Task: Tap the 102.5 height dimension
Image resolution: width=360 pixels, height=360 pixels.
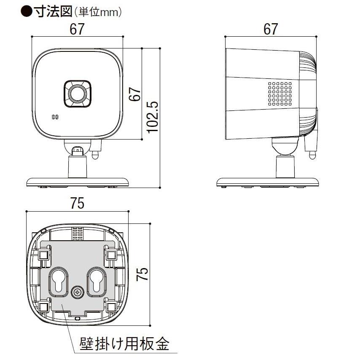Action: [x=152, y=117]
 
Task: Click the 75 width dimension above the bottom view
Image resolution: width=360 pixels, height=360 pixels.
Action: [x=78, y=204]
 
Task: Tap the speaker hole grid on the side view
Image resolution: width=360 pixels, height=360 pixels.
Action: [x=279, y=94]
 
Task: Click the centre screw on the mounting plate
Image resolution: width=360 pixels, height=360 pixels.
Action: [x=78, y=291]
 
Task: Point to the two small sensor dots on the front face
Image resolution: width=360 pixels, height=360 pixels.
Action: [x=54, y=118]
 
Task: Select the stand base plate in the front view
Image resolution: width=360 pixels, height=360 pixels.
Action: [x=78, y=182]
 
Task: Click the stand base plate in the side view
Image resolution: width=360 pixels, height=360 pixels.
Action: [x=268, y=182]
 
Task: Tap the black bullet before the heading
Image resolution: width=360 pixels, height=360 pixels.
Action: [x=26, y=11]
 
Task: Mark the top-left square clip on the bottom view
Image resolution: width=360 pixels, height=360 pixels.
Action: [x=43, y=255]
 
